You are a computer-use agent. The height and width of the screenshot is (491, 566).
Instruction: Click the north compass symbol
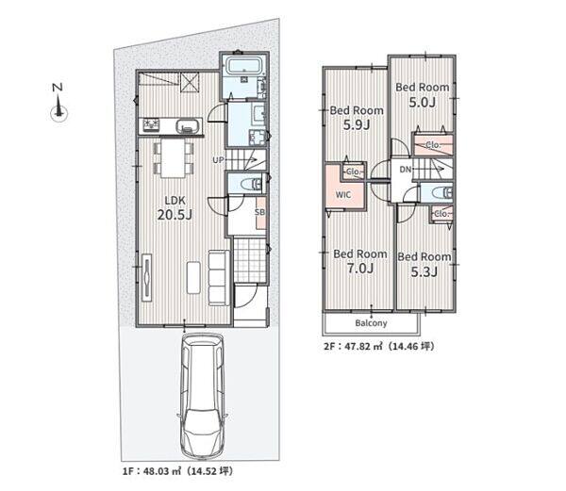(58, 102)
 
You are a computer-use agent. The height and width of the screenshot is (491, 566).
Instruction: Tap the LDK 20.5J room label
(175, 208)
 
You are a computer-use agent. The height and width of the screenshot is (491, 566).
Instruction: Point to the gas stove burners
(152, 124)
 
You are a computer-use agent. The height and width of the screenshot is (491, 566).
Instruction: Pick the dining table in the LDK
(173, 158)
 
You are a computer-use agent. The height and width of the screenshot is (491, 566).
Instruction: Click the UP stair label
(219, 159)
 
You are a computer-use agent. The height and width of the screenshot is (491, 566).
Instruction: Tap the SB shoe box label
(259, 212)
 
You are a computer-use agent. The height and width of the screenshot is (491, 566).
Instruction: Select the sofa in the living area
(219, 278)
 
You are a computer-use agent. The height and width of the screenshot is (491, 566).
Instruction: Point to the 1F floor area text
(177, 471)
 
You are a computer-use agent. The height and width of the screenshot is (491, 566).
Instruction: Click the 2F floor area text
(378, 346)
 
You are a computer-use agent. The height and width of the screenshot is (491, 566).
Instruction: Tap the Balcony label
(371, 322)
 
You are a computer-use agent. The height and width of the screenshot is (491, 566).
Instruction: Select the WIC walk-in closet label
(343, 195)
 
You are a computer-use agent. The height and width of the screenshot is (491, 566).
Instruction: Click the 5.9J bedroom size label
(357, 125)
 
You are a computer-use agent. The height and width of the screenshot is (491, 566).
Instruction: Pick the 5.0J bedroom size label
(423, 103)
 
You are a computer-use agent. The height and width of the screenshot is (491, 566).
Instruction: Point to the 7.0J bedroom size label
(360, 269)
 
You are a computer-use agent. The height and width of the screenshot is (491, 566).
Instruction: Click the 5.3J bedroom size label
(424, 271)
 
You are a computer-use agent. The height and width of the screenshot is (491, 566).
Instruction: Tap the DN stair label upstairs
(406, 169)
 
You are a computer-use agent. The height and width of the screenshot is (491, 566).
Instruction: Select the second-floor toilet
(441, 193)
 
